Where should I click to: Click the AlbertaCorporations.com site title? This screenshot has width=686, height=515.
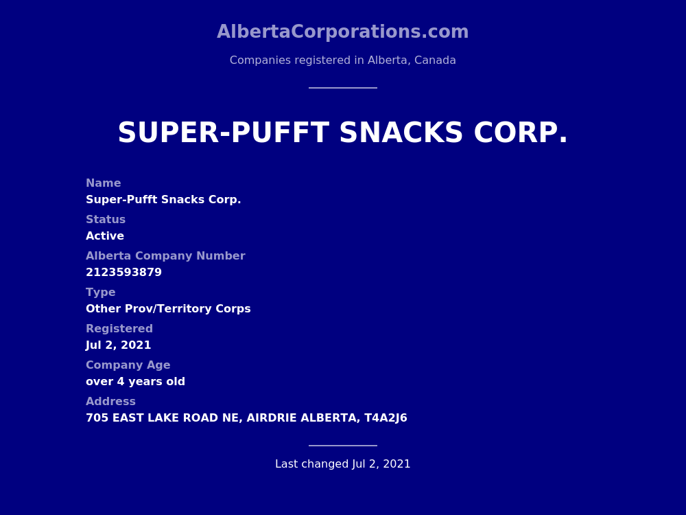click(342, 32)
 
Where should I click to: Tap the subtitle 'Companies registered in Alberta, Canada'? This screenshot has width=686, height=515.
click(342, 60)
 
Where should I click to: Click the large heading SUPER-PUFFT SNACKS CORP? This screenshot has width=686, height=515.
click(342, 133)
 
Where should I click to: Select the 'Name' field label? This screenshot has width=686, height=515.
click(103, 183)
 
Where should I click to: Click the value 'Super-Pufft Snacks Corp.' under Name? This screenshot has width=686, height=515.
click(163, 200)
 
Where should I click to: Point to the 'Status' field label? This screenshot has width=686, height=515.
click(105, 220)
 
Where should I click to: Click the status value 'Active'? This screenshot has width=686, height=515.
click(104, 236)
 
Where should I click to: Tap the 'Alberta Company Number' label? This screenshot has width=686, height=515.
click(165, 256)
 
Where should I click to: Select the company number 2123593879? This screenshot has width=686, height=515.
click(123, 273)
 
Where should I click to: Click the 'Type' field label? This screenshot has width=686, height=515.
click(100, 293)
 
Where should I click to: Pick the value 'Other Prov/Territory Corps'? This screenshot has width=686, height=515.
click(168, 309)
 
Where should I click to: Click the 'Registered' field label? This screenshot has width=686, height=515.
click(119, 329)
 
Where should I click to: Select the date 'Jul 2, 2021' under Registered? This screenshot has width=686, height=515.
click(118, 345)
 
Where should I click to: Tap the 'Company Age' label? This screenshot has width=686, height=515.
click(128, 365)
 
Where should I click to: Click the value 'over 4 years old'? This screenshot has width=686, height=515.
click(135, 382)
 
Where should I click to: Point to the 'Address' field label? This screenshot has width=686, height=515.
click(110, 402)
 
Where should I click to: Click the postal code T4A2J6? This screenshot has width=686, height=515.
click(386, 418)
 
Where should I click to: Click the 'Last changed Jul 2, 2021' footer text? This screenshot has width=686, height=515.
click(342, 464)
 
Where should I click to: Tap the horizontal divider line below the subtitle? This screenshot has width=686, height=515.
click(342, 88)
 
